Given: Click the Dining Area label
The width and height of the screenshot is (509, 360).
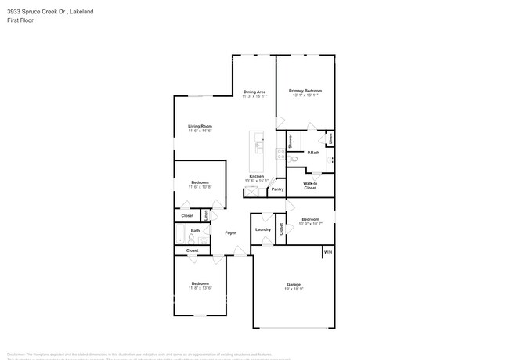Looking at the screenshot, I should [x=254, y=92].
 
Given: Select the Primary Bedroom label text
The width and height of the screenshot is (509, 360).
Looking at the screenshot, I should [x=305, y=92].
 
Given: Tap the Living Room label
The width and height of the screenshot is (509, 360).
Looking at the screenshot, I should [x=200, y=126].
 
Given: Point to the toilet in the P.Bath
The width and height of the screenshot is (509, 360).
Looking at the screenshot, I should [x=294, y=159].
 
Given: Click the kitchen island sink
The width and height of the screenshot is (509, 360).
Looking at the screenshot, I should [x=259, y=146].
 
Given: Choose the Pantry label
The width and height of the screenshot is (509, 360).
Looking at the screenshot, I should [x=277, y=189].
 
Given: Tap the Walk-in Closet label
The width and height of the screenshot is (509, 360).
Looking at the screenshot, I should [x=310, y=186].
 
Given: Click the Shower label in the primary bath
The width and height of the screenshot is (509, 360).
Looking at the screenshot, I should [x=290, y=142].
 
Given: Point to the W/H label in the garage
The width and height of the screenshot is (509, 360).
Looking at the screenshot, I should [x=328, y=252].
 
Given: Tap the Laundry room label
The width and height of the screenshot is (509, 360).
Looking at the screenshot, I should [x=262, y=229].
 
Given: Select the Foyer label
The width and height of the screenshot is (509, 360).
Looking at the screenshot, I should [x=230, y=232].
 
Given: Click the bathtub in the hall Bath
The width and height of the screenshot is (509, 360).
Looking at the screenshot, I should [x=181, y=236].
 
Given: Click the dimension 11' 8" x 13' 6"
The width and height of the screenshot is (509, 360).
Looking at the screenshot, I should [x=200, y=288].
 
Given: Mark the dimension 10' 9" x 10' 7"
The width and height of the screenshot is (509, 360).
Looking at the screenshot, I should [x=310, y=224].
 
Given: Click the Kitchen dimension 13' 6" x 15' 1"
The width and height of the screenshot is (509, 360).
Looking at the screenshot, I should [x=256, y=181].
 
